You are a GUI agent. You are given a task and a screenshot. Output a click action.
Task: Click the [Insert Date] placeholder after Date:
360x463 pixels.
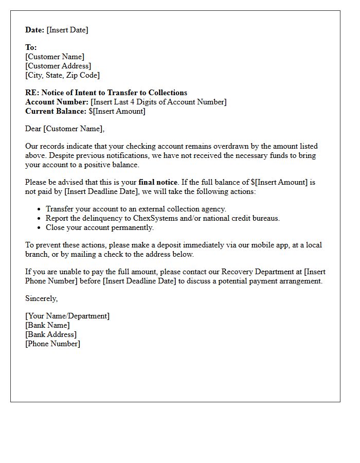pos(67,30)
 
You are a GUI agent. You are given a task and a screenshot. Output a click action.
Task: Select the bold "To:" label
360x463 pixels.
pos(31,47)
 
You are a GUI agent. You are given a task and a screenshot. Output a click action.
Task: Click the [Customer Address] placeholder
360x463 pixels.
pos(58,66)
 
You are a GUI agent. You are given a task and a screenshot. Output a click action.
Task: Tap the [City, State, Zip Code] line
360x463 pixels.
pos(62,75)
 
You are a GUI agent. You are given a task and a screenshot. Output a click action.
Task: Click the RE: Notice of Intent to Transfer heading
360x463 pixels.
pos(106,93)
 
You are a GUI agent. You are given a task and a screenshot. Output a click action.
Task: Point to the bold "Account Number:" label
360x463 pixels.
pos(57,102)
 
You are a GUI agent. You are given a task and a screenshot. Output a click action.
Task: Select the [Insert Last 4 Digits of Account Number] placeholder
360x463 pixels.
pos(158,102)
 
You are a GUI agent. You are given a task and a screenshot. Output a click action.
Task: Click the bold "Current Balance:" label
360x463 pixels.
pos(56,111)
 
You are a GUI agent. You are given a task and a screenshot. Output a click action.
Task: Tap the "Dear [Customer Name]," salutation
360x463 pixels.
pos(65,129)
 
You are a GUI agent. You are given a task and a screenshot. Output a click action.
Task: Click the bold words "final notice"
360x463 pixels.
pos(158,182)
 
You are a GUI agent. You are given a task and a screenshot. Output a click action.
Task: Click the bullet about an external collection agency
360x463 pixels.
pos(136,209)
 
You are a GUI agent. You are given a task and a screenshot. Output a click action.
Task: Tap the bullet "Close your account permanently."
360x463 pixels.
pos(100,227)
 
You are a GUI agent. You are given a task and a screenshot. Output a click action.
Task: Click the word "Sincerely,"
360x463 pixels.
pos(42,298)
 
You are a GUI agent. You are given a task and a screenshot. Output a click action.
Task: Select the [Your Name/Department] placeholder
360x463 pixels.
pos(67,316)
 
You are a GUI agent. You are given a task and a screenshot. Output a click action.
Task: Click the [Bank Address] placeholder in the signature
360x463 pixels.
pos(51,334)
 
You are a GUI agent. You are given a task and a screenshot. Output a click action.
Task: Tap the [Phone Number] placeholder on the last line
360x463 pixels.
pos(52,344)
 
